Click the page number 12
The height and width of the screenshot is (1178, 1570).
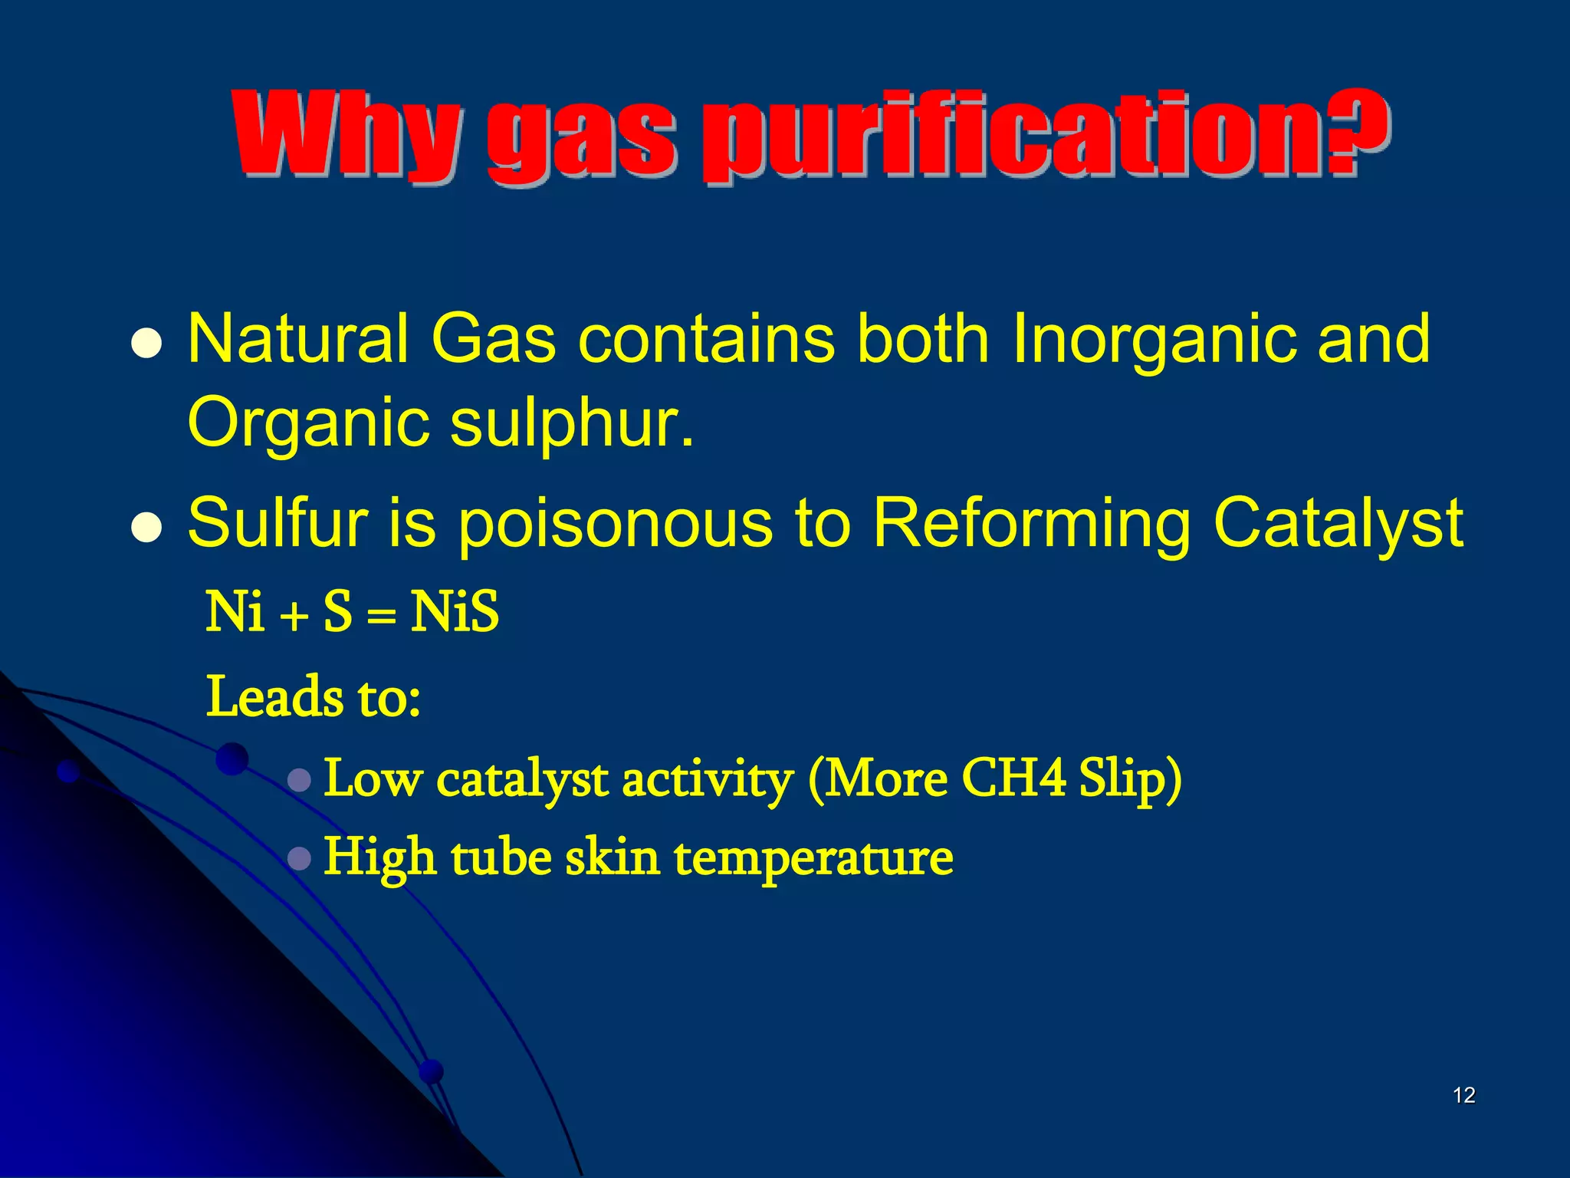[x=1463, y=1095]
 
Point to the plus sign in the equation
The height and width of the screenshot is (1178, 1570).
[x=293, y=616]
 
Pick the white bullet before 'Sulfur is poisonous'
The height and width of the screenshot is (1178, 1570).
[x=146, y=528]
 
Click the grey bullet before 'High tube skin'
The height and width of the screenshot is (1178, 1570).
[x=299, y=858]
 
